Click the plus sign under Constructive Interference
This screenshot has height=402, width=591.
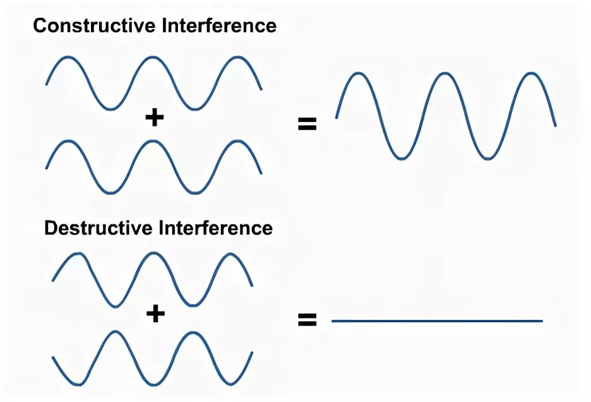click(154, 118)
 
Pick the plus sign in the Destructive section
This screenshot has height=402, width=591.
click(154, 314)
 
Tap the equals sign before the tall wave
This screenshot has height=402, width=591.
click(307, 124)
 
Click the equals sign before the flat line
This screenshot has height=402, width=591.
click(307, 320)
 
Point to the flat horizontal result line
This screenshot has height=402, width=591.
click(437, 321)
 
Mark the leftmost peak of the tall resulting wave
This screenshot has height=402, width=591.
click(358, 74)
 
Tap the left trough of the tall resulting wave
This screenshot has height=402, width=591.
click(402, 158)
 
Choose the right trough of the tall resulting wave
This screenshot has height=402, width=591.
click(488, 158)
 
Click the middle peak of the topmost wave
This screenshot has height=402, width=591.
click(153, 58)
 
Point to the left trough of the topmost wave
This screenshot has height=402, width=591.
click(110, 109)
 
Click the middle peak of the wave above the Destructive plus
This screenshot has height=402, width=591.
click(152, 254)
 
